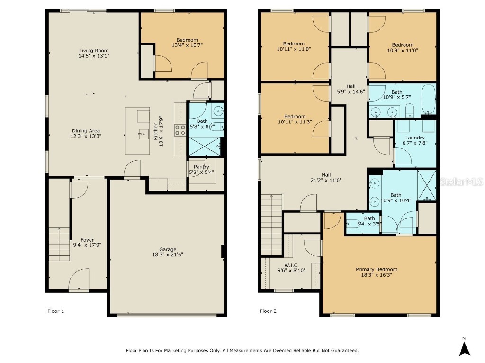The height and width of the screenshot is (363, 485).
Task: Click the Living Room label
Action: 93,51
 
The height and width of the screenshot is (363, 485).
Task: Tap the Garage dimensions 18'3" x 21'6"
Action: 168,255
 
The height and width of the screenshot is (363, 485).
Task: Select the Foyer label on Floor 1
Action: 87,240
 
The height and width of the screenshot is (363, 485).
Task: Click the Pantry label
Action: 201,167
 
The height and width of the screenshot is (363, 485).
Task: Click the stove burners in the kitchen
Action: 180,130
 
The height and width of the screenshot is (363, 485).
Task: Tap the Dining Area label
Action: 86,131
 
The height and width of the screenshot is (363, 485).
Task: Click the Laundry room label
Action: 415,138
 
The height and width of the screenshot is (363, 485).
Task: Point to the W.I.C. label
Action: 291,265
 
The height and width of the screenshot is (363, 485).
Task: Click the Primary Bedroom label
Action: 377,269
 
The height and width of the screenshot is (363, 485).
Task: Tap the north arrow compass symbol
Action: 465,348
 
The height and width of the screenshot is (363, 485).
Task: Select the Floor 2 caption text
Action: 268,311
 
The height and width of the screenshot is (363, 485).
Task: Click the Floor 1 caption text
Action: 55,311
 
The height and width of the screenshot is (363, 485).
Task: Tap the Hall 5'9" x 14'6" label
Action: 350,86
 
